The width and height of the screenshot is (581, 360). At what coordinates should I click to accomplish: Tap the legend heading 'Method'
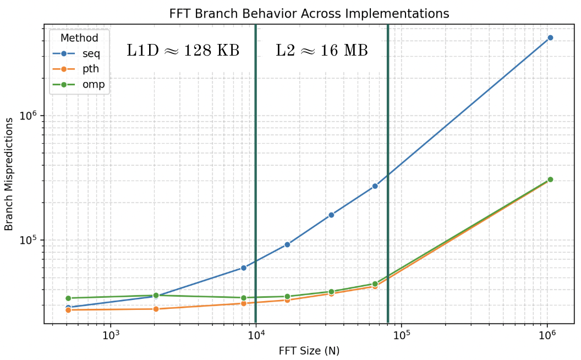(79, 38)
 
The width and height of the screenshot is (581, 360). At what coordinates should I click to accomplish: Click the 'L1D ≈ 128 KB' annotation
(183, 51)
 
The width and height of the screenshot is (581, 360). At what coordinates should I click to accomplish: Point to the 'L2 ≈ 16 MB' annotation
(322, 51)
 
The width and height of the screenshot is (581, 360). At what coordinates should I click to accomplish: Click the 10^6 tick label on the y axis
(29, 116)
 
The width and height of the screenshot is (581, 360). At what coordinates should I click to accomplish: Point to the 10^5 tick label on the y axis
(29, 240)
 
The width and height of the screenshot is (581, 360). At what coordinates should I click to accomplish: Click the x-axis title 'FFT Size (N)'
(308, 351)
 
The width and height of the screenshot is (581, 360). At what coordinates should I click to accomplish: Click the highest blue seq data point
(550, 37)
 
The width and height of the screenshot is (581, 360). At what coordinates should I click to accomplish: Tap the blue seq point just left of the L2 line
(375, 186)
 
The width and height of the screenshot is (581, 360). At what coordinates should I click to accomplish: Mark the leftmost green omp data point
(68, 298)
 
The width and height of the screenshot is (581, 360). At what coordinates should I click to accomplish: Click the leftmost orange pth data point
(68, 310)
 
